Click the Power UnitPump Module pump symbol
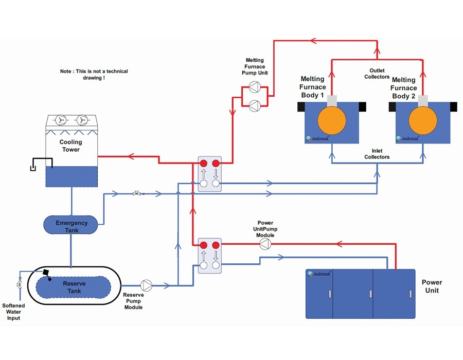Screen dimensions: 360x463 tap(264, 245)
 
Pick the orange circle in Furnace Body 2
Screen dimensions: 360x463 tap(423, 121)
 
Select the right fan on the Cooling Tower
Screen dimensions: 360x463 tap(81, 120)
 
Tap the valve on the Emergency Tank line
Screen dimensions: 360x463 tap(137, 193)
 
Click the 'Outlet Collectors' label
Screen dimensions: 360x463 tap(377, 74)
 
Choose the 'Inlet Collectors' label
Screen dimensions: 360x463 tap(377, 154)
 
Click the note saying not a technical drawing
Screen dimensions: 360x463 tap(94, 75)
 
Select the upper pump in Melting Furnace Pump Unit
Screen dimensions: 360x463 tap(253, 87)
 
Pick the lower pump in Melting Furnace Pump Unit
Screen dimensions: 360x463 tap(253, 105)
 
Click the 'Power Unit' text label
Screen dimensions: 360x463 tap(432, 286)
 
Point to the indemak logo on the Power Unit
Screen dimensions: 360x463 tap(319, 274)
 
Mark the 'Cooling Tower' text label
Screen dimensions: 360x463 tap(70, 146)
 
